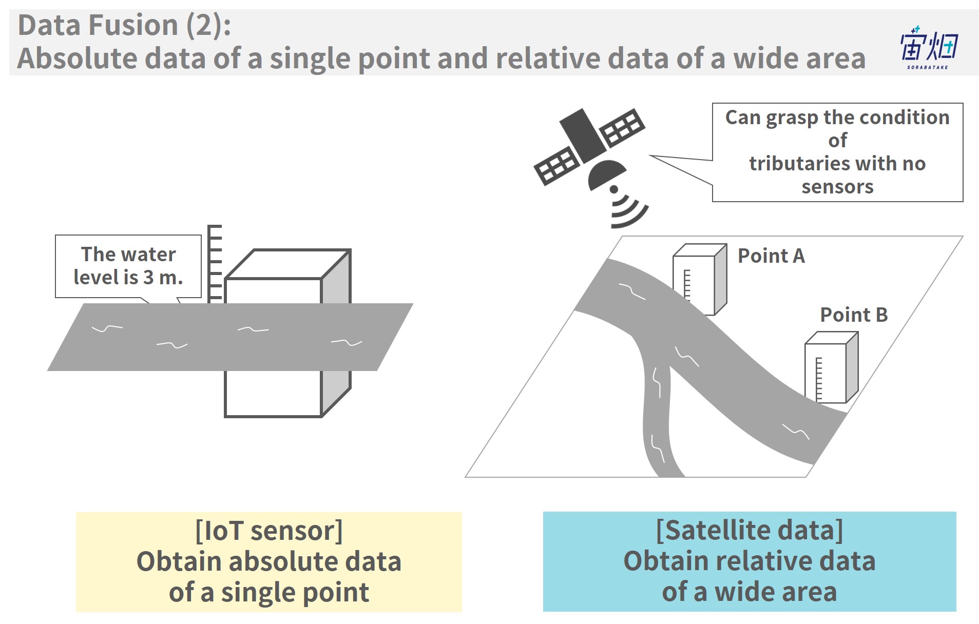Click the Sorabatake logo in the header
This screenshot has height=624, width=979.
click(x=928, y=48)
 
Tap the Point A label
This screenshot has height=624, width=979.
click(x=771, y=256)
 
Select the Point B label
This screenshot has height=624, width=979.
click(x=854, y=315)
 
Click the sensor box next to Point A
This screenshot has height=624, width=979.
click(x=700, y=279)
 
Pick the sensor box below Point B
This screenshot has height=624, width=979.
click(x=831, y=367)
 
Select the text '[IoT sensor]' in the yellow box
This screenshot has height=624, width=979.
click(x=268, y=531)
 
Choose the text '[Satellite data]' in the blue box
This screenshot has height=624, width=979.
click(x=750, y=530)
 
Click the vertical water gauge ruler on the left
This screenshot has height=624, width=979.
click(x=214, y=264)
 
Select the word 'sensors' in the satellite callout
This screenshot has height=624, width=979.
click(x=837, y=187)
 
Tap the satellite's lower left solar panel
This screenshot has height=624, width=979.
click(x=557, y=165)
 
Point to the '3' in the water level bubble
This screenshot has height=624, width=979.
click(x=148, y=278)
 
